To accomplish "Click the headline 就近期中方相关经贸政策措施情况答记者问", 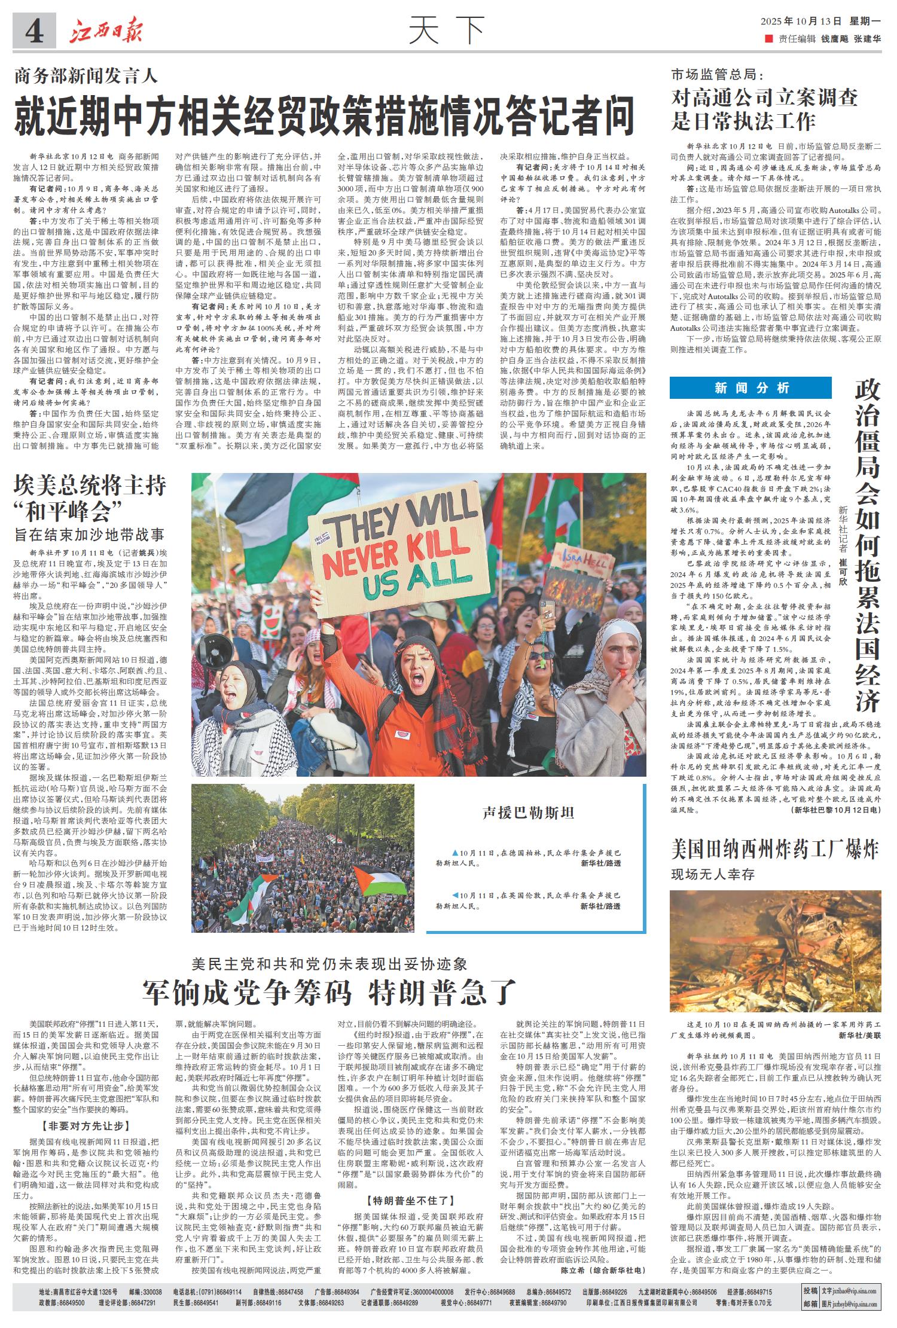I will [x=324, y=116].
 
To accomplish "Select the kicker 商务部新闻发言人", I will [x=86, y=76].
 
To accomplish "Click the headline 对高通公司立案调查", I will [x=764, y=97].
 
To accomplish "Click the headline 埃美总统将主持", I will [x=90, y=485].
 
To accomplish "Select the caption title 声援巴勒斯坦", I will [x=529, y=812].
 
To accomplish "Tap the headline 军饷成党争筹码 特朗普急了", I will [x=328, y=993].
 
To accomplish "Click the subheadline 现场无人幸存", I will [x=713, y=874].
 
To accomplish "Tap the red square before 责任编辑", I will [x=768, y=39].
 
